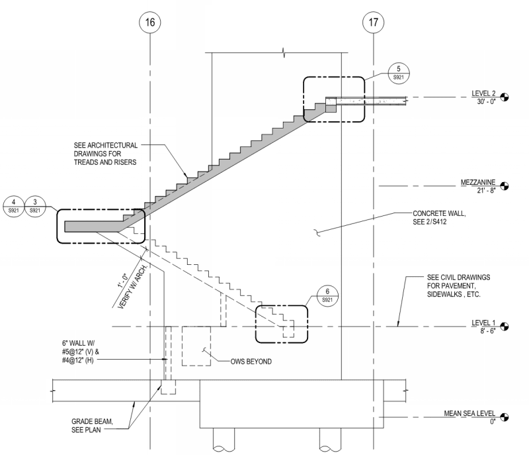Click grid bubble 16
[150, 23]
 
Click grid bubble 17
[374, 23]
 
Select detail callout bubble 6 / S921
[324, 296]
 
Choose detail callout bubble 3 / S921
[35, 205]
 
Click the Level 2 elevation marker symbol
[507, 97]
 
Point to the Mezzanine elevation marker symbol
[507, 186]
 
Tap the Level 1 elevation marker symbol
[507, 325]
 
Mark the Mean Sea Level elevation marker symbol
[507, 417]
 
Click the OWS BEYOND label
[242, 361]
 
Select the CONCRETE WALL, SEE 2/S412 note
[438, 218]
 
